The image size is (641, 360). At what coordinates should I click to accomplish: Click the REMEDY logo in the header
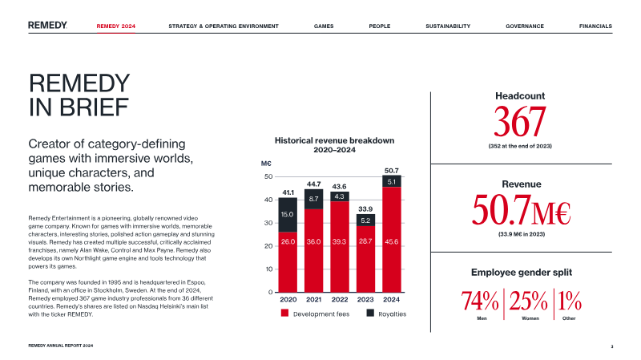coord(47,26)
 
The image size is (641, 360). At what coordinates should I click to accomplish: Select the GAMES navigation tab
coord(324,26)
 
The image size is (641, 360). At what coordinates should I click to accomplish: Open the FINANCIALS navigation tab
coord(595,26)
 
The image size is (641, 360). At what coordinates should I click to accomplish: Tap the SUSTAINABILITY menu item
coord(448,26)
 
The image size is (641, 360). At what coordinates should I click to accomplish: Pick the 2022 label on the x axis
coord(340,299)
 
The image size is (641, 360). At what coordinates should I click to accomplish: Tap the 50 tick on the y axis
coord(268,176)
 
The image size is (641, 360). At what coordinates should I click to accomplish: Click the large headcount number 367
coord(519,122)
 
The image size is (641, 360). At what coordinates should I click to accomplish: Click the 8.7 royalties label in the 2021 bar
coord(314,198)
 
